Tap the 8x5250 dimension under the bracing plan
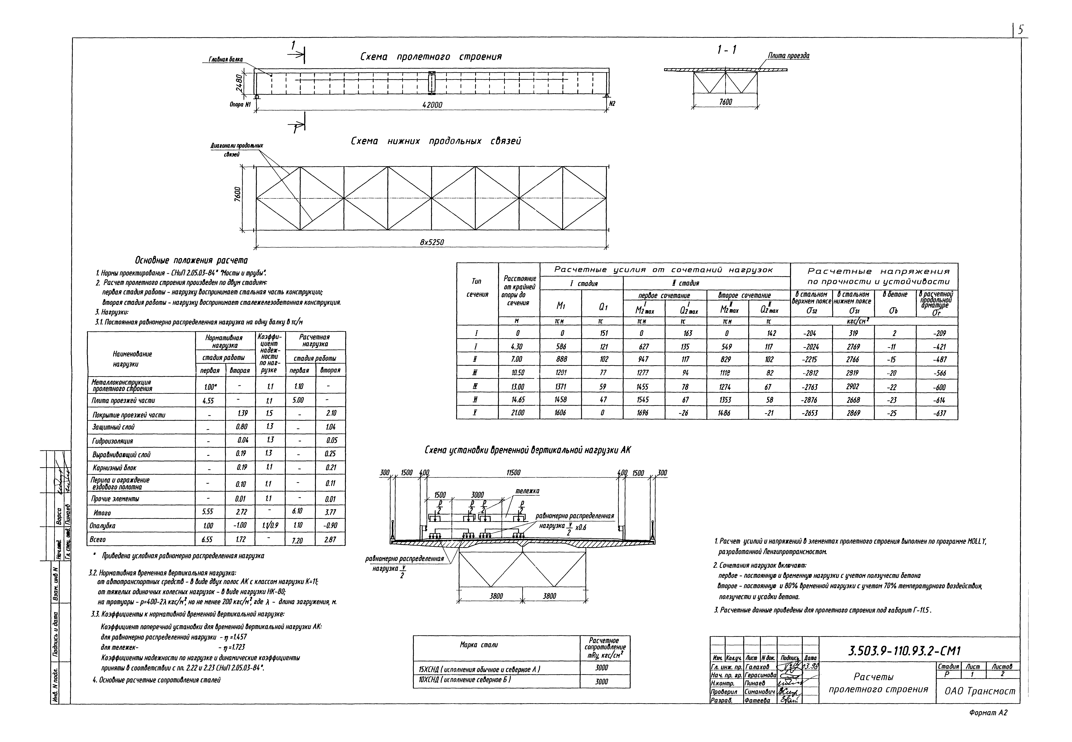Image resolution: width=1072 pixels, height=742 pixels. pyautogui.click(x=432, y=242)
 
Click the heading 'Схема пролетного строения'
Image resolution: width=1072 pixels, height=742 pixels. pyautogui.click(x=431, y=57)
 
